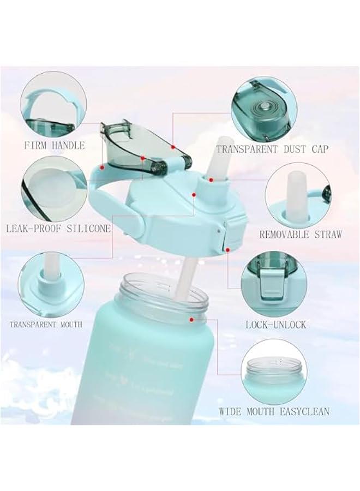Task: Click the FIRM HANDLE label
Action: [x=54, y=145]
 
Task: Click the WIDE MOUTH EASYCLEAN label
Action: [x=274, y=411]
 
